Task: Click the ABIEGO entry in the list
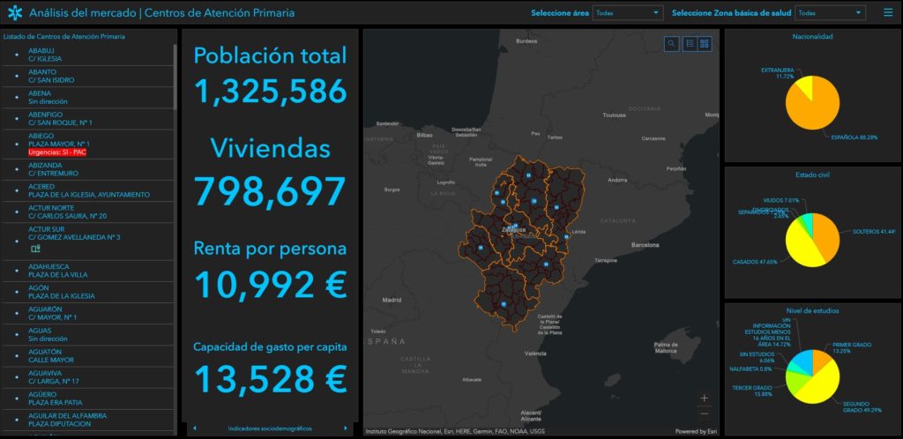(x=41, y=136)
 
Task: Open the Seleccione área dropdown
(x=627, y=13)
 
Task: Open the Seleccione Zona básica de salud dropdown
(x=829, y=13)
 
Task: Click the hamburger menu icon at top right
(x=888, y=13)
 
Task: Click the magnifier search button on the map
(x=672, y=43)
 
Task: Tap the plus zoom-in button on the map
(x=704, y=398)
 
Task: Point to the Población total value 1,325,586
(x=270, y=92)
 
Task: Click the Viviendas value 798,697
(x=270, y=190)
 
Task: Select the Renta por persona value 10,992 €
(x=270, y=284)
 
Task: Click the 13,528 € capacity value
(x=270, y=378)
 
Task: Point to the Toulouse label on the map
(x=614, y=115)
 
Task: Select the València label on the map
(x=534, y=353)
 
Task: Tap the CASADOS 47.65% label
(x=755, y=262)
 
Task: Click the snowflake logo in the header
(x=15, y=13)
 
